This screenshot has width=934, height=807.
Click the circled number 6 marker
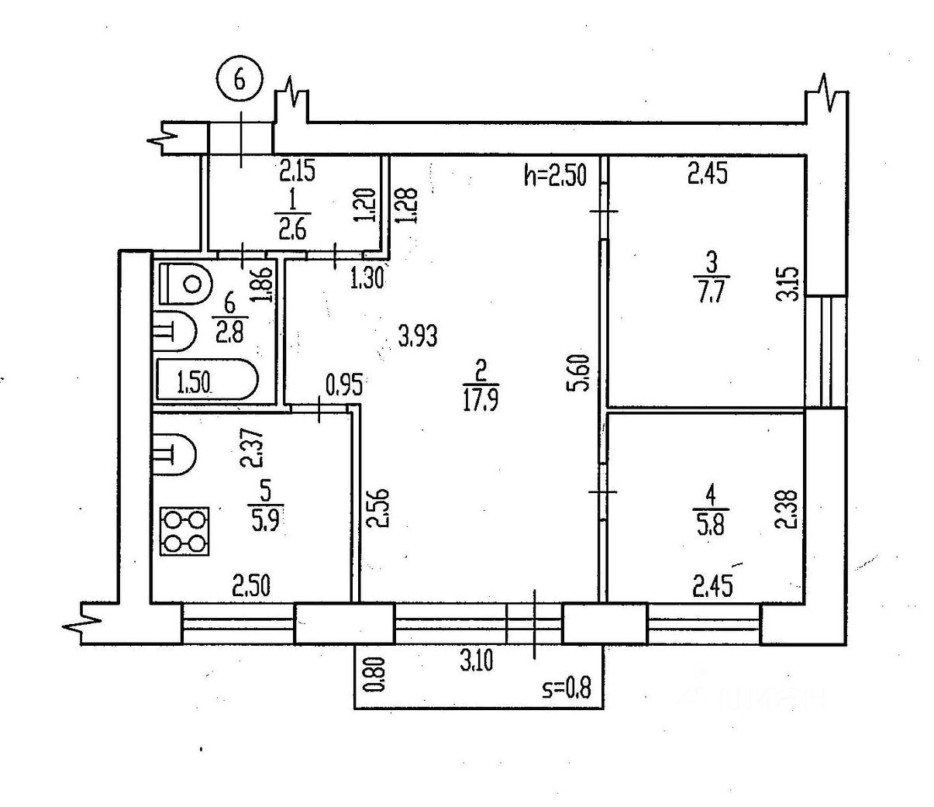coord(240,81)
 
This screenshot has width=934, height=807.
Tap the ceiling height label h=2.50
coord(554,176)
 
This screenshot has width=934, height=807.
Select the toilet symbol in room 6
coord(184,284)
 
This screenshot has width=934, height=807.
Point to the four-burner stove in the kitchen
coord(184,532)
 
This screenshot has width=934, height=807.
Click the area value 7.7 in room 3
coord(709,293)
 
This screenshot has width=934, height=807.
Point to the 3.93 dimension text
coord(417,336)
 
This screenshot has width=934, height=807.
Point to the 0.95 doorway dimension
coord(344,385)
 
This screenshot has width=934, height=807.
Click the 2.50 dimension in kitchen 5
coord(251,586)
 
